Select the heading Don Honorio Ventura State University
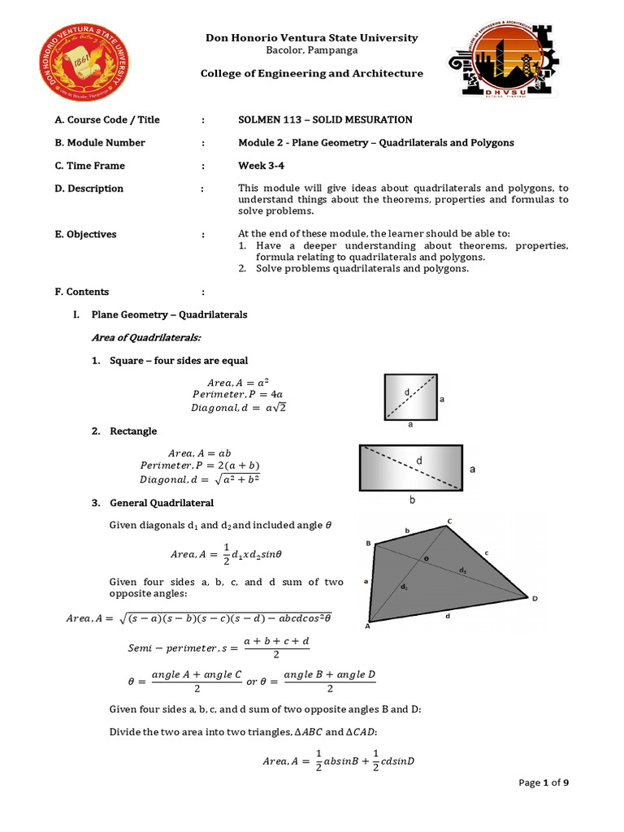[312, 37]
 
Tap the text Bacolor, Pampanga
[312, 50]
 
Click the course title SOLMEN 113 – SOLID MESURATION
[325, 119]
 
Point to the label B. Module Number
[100, 142]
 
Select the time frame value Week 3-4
[258, 166]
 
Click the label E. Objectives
[85, 234]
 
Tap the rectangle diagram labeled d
[411, 468]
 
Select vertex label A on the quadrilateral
[367, 626]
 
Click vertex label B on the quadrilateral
[368, 543]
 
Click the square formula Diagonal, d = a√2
[238, 408]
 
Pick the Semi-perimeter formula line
[219, 648]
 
